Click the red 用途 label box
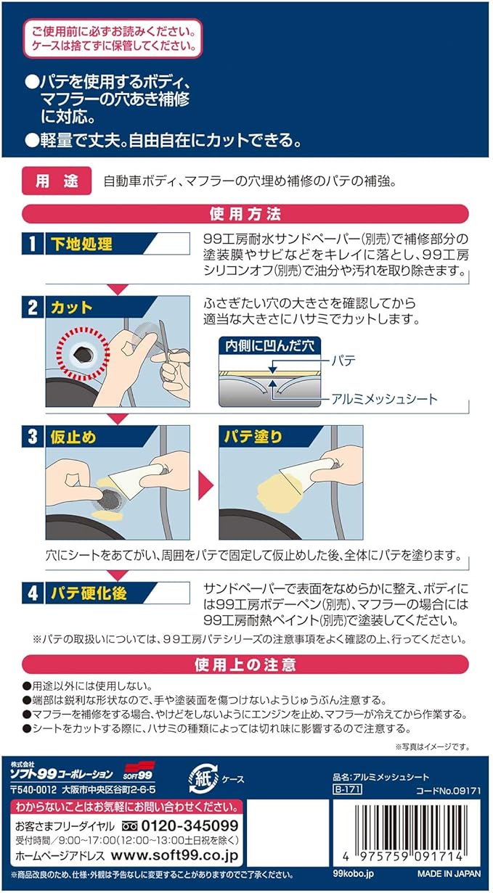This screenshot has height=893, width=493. coord(57,181)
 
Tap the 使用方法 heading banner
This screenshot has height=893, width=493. coord(245,214)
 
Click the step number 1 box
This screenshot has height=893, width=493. coord(32,244)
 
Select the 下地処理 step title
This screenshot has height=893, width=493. coord(81,244)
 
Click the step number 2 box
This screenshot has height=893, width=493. coord(32,308)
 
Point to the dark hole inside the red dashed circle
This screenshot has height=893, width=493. coord(83,353)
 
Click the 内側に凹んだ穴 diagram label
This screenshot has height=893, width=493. coord(269,346)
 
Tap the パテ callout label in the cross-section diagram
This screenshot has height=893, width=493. coord(343,361)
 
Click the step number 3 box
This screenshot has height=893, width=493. coord(32,437)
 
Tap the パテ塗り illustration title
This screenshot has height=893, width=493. coord(253,437)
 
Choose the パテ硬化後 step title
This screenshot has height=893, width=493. coord(89,593)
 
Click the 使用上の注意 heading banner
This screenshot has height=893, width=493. coord(245,664)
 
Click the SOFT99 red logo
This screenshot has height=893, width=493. coord(138,771)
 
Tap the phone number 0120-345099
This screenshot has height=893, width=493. coord(190,826)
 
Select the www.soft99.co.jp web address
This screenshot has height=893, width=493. coord(175,855)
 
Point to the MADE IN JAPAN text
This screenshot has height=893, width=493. coord(449,873)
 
